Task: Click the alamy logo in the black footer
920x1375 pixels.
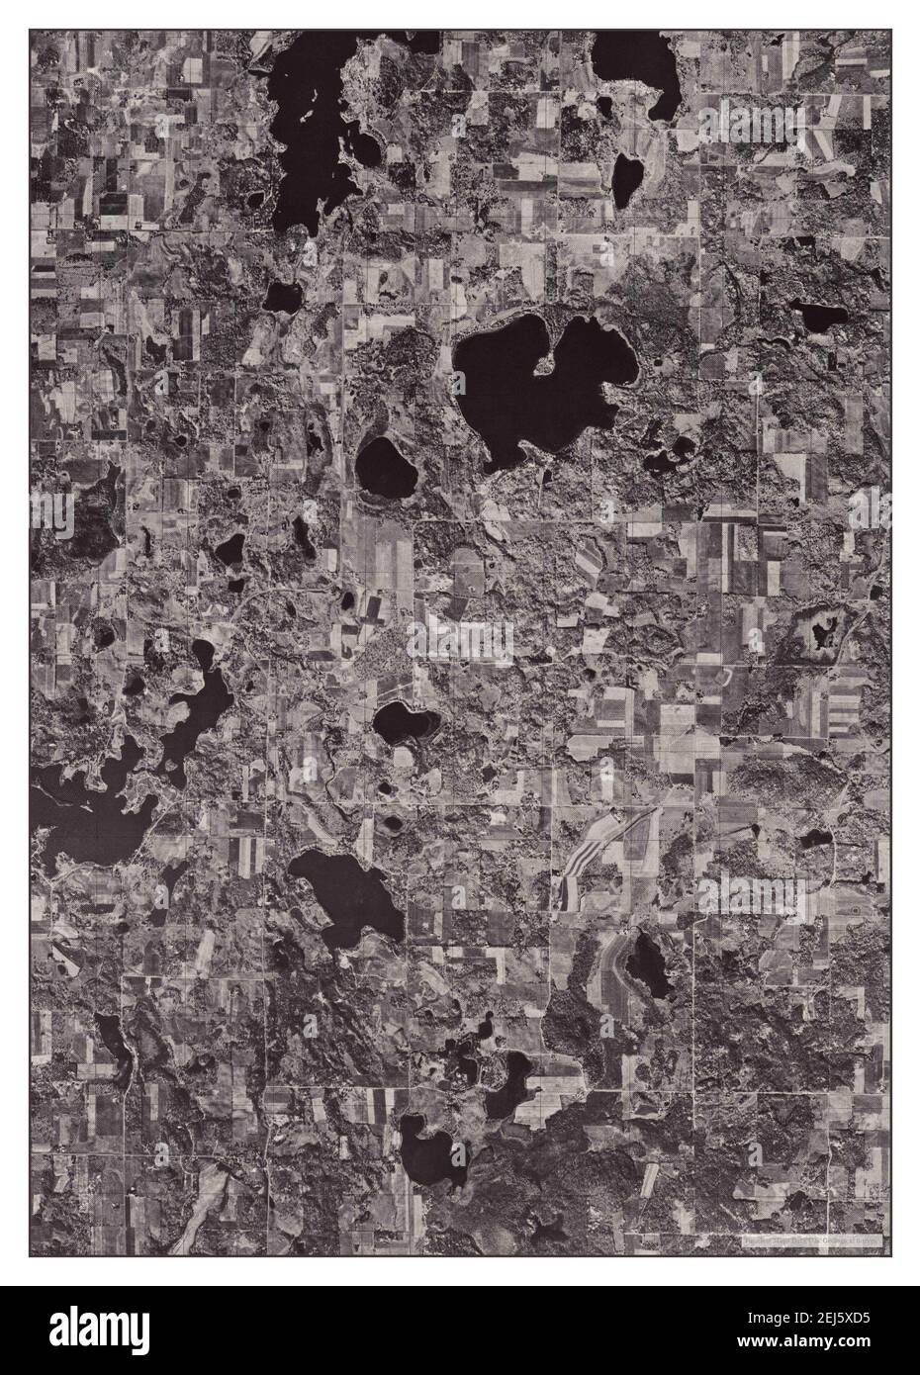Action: click(99, 1330)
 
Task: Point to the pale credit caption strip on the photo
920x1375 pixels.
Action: click(813, 1238)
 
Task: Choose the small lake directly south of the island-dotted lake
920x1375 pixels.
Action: click(283, 295)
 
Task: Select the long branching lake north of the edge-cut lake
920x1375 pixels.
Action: click(198, 702)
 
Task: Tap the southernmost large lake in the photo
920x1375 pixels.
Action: click(430, 1152)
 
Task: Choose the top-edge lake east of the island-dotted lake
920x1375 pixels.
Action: click(643, 69)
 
